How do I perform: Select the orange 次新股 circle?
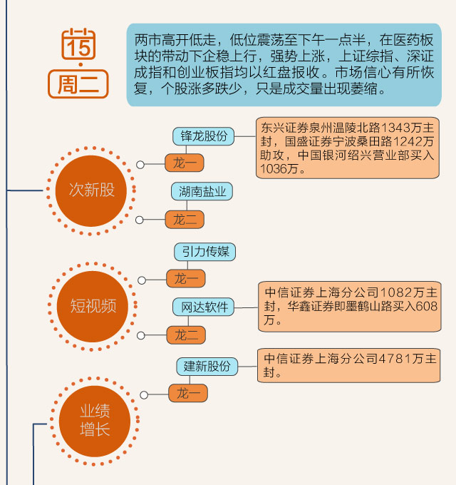[90, 190]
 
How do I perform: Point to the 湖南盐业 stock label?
[202, 191]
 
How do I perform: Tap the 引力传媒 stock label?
[204, 252]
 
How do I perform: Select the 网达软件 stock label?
[204, 307]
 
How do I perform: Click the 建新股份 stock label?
[207, 366]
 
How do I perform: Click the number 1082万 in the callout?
[392, 293]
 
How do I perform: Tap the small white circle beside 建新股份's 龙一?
[145, 394]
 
